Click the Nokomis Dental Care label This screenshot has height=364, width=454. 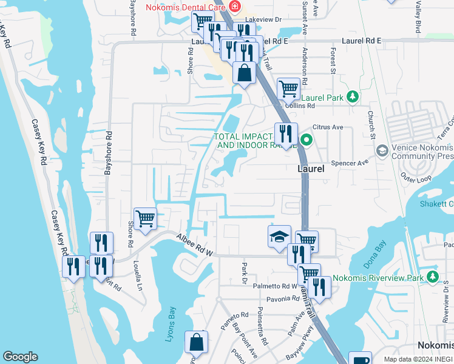tap(185, 7)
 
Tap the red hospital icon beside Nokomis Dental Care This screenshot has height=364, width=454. tap(234, 7)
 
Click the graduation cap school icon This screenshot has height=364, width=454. tap(279, 236)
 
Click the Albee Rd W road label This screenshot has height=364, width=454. tap(195, 244)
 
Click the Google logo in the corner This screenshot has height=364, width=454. tap(21, 357)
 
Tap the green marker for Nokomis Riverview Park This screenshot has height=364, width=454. tap(432, 277)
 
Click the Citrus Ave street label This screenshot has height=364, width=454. tap(328, 128)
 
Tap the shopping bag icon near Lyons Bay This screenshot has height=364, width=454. tap(197, 343)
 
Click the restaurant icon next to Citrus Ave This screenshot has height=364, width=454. tap(285, 133)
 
